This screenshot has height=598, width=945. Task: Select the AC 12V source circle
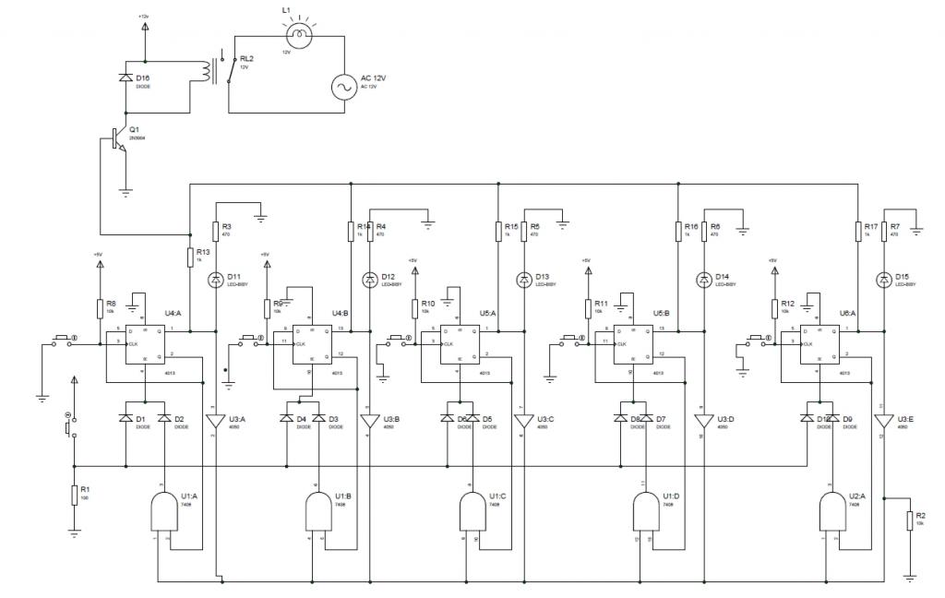pos(344,88)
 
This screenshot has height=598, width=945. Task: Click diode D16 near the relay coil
pos(126,78)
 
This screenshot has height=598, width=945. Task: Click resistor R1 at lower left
pos(74,496)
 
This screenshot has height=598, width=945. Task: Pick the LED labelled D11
pos(216,278)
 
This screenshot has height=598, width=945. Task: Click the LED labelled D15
pos(884,278)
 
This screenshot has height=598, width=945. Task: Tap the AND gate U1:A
pos(163,510)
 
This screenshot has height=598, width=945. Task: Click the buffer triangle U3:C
pos(525,420)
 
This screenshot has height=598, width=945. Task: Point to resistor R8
pos(99,307)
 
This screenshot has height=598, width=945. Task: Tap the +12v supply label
pos(144,17)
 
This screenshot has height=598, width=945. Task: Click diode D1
pos(126,419)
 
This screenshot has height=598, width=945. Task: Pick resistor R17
pos(856,231)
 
